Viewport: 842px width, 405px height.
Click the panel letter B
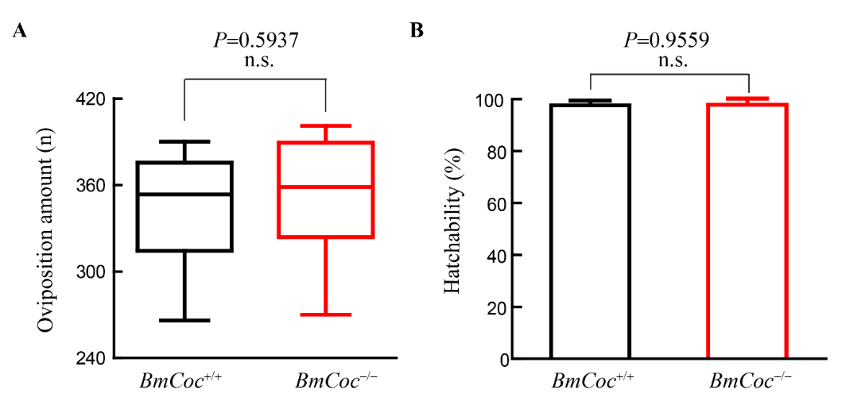pos(417,31)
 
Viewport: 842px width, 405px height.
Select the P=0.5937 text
pos(256,40)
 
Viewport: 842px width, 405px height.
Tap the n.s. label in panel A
pos(256,61)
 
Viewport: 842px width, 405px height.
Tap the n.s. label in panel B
pos(669,61)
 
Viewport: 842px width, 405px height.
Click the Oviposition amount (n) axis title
pos(46,229)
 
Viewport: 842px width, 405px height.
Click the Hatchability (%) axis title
pos(453,229)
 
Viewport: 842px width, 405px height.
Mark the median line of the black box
pos(184,194)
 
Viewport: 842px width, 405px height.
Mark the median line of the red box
pos(326,187)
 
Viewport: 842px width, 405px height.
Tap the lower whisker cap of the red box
pos(326,314)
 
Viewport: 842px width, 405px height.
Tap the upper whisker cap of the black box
pos(184,141)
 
